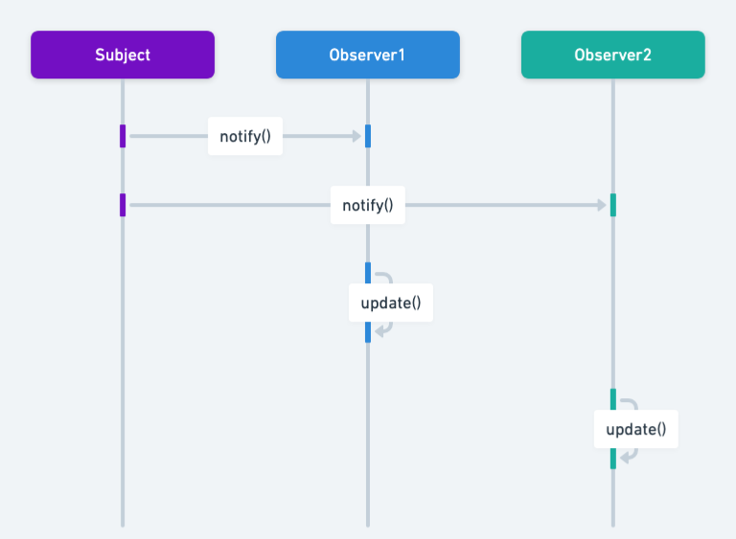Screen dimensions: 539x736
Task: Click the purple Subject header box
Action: tap(123, 55)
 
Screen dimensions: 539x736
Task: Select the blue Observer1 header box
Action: tap(367, 55)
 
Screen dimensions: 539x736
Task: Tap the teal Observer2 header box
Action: tap(612, 55)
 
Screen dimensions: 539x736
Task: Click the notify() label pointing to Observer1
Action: tap(245, 136)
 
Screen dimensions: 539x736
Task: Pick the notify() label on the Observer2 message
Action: tap(367, 205)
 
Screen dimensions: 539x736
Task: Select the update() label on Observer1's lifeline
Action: tap(391, 303)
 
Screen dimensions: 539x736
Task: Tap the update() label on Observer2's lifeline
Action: tap(635, 429)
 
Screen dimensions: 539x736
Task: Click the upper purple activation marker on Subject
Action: tap(123, 136)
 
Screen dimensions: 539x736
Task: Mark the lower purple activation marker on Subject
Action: tap(123, 205)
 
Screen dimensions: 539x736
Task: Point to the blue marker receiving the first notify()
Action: tap(367, 136)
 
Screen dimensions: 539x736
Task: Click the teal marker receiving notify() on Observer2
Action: tap(612, 205)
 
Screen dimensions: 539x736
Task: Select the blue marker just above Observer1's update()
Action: tap(367, 273)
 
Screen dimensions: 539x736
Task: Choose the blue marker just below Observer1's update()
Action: tap(367, 331)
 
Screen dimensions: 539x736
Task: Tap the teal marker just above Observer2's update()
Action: tap(612, 399)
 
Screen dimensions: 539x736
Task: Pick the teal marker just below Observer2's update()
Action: tap(612, 458)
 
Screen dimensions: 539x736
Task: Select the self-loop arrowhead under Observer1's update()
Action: tap(379, 331)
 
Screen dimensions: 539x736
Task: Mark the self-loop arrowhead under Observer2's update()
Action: tap(624, 458)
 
